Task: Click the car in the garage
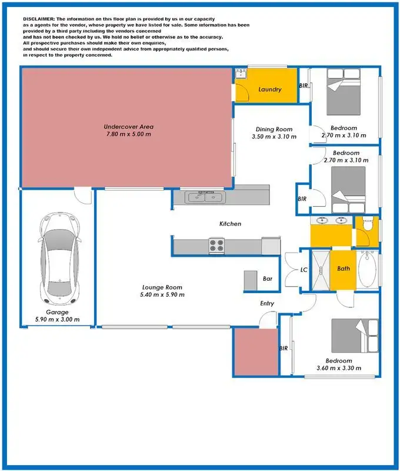58,257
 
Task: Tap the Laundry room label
270,89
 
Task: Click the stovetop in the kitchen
216,246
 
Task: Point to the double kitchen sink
204,198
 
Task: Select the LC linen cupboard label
304,270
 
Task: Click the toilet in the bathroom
368,225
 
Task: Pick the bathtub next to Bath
367,270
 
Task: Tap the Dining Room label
274,130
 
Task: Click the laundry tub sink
240,74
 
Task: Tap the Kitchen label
230,224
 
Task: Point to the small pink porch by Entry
256,351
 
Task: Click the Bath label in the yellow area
344,269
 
